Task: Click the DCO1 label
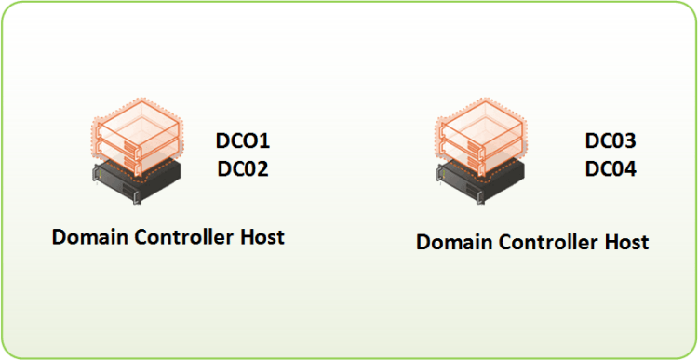point(243,142)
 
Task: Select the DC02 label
point(243,168)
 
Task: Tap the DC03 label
point(611,142)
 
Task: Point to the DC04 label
point(611,169)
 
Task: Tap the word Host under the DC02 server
point(262,236)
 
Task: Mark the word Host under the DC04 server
point(625,242)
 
